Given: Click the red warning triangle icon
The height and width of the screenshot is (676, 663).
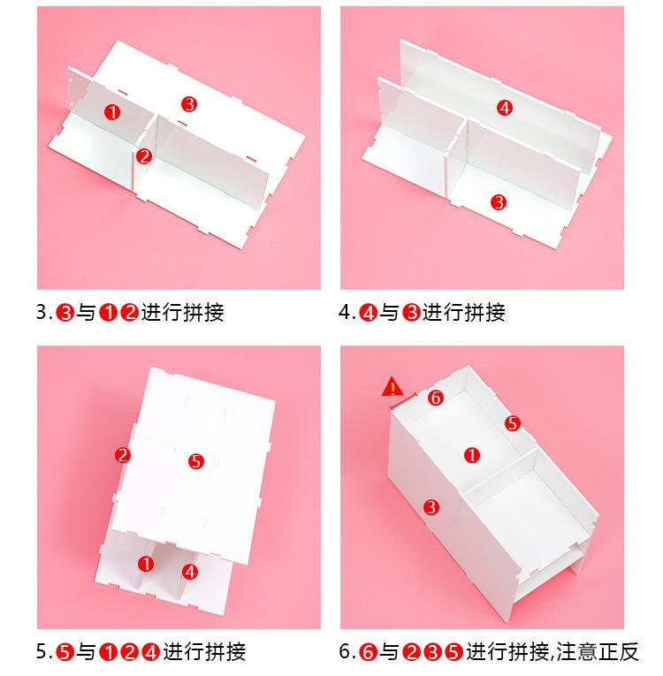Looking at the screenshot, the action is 392,387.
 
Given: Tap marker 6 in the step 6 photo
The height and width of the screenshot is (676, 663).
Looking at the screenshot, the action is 436,397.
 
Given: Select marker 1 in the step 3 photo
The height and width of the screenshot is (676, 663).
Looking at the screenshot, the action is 112,112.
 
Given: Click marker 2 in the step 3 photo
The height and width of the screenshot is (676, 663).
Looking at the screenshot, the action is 144,156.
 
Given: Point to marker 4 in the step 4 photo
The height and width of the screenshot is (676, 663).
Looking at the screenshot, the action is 505,107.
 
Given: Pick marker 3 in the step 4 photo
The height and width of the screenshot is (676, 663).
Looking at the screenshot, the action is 499,201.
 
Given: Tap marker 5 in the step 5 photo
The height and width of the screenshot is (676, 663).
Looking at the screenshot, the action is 196,461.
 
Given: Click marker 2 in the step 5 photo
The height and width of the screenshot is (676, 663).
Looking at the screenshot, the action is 123,455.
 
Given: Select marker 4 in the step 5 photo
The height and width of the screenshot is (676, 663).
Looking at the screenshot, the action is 190,572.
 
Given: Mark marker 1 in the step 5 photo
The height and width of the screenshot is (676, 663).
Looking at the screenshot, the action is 146,564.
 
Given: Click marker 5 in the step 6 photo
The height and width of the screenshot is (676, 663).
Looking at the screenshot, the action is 513,423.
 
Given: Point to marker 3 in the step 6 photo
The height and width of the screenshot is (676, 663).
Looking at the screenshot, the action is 431,507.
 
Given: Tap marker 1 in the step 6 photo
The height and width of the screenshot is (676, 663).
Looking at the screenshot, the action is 472,455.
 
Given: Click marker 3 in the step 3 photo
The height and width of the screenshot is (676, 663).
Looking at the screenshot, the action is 189,104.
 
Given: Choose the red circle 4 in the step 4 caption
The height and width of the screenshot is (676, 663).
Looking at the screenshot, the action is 369,313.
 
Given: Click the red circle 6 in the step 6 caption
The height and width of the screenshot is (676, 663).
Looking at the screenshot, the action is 369,652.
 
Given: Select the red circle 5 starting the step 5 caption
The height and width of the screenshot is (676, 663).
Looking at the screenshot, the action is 65,652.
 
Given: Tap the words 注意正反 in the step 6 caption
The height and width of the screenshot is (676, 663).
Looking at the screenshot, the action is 598,652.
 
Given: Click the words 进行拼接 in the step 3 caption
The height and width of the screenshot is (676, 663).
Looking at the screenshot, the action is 182,313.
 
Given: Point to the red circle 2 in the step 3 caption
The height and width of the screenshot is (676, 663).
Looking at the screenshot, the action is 129,313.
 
